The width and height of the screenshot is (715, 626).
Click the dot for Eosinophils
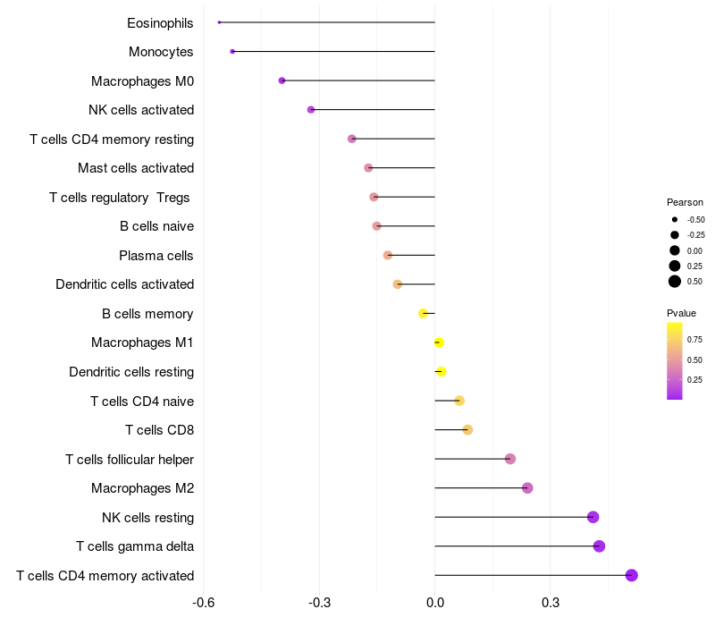(219, 22)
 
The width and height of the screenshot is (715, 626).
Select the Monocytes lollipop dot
(232, 52)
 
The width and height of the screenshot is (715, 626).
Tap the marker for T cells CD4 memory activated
(632, 575)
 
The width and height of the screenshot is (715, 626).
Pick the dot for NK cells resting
(593, 517)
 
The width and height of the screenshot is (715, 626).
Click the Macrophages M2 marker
(527, 488)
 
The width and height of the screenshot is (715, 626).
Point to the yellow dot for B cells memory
(424, 313)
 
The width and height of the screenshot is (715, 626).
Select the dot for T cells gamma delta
(599, 546)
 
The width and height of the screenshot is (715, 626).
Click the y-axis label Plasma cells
(156, 256)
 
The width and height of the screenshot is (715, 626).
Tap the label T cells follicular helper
(130, 460)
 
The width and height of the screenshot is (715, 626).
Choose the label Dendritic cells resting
(131, 372)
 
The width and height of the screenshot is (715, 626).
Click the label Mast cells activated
(136, 168)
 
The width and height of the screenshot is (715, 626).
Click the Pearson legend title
(685, 202)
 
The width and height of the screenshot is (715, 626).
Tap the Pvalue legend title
(681, 313)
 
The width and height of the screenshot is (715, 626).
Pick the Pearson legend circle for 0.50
(675, 282)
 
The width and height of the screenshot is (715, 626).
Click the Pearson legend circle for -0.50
(675, 219)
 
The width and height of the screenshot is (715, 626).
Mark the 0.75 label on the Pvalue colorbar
(694, 340)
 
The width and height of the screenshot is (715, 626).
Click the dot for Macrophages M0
(282, 80)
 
